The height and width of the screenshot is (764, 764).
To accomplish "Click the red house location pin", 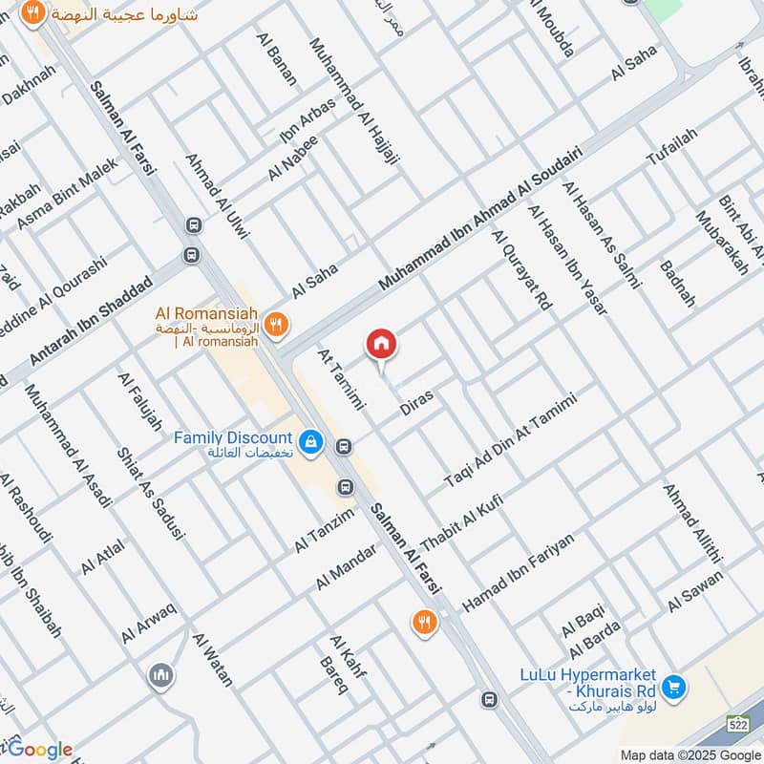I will click(381, 345).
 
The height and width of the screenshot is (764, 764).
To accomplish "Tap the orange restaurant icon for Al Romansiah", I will click(275, 325).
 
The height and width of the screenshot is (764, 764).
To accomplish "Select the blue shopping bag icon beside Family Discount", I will click(309, 442).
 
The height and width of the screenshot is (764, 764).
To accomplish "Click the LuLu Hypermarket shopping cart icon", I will click(674, 687).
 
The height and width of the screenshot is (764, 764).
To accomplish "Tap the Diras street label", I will click(417, 401).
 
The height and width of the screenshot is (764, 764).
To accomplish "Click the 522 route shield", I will click(738, 723).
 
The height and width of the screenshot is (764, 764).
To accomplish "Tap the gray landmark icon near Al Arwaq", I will click(161, 677).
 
